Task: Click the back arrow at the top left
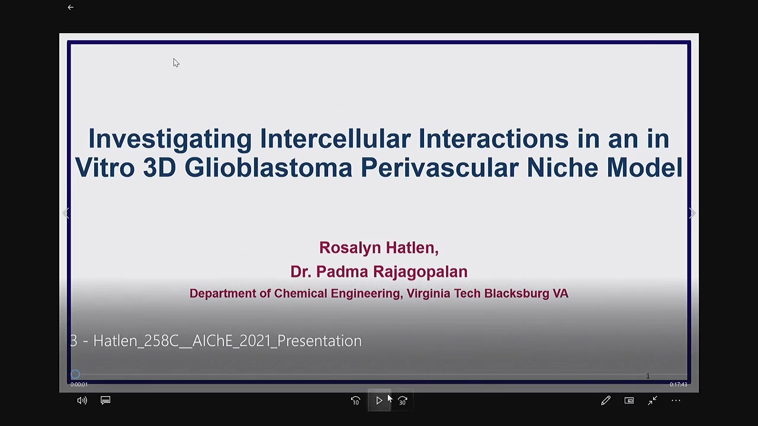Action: [70, 7]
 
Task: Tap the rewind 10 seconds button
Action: [355, 401]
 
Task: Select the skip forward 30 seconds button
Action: [402, 401]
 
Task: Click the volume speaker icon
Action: [82, 401]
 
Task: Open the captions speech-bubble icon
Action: [105, 401]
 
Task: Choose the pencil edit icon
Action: [606, 401]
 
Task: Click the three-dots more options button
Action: [676, 401]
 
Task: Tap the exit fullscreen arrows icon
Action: [653, 401]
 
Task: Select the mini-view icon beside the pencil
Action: [629, 401]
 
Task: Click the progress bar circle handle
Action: [75, 375]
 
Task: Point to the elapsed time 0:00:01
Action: [79, 385]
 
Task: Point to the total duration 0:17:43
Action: [678, 385]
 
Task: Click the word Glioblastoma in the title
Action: [268, 167]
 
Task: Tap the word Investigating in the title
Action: [170, 138]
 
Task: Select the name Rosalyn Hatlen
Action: [378, 247]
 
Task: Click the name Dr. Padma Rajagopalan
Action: [379, 272]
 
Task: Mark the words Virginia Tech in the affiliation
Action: [444, 293]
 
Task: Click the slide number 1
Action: [648, 376]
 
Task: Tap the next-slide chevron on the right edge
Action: [692, 213]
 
